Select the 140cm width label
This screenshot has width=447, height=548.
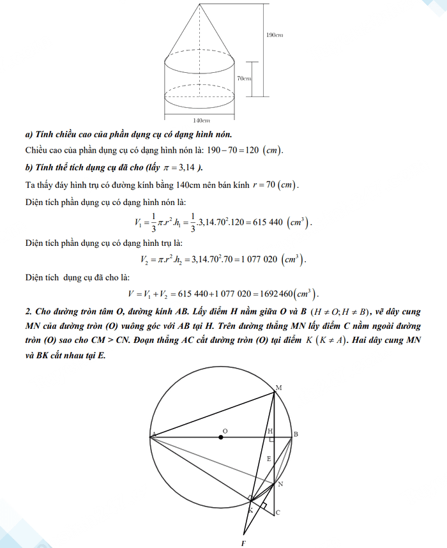click(201, 120)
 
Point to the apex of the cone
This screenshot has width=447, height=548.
click(201, 4)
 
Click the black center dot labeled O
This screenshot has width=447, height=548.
click(221, 437)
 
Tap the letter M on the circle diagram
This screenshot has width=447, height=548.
click(278, 387)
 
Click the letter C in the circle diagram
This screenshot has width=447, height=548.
click(278, 512)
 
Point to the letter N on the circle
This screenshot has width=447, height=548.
click(280, 484)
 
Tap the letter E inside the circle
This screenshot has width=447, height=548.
click(268, 459)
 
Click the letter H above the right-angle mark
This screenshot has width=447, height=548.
click(269, 431)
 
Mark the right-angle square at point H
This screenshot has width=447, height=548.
click(272, 440)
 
